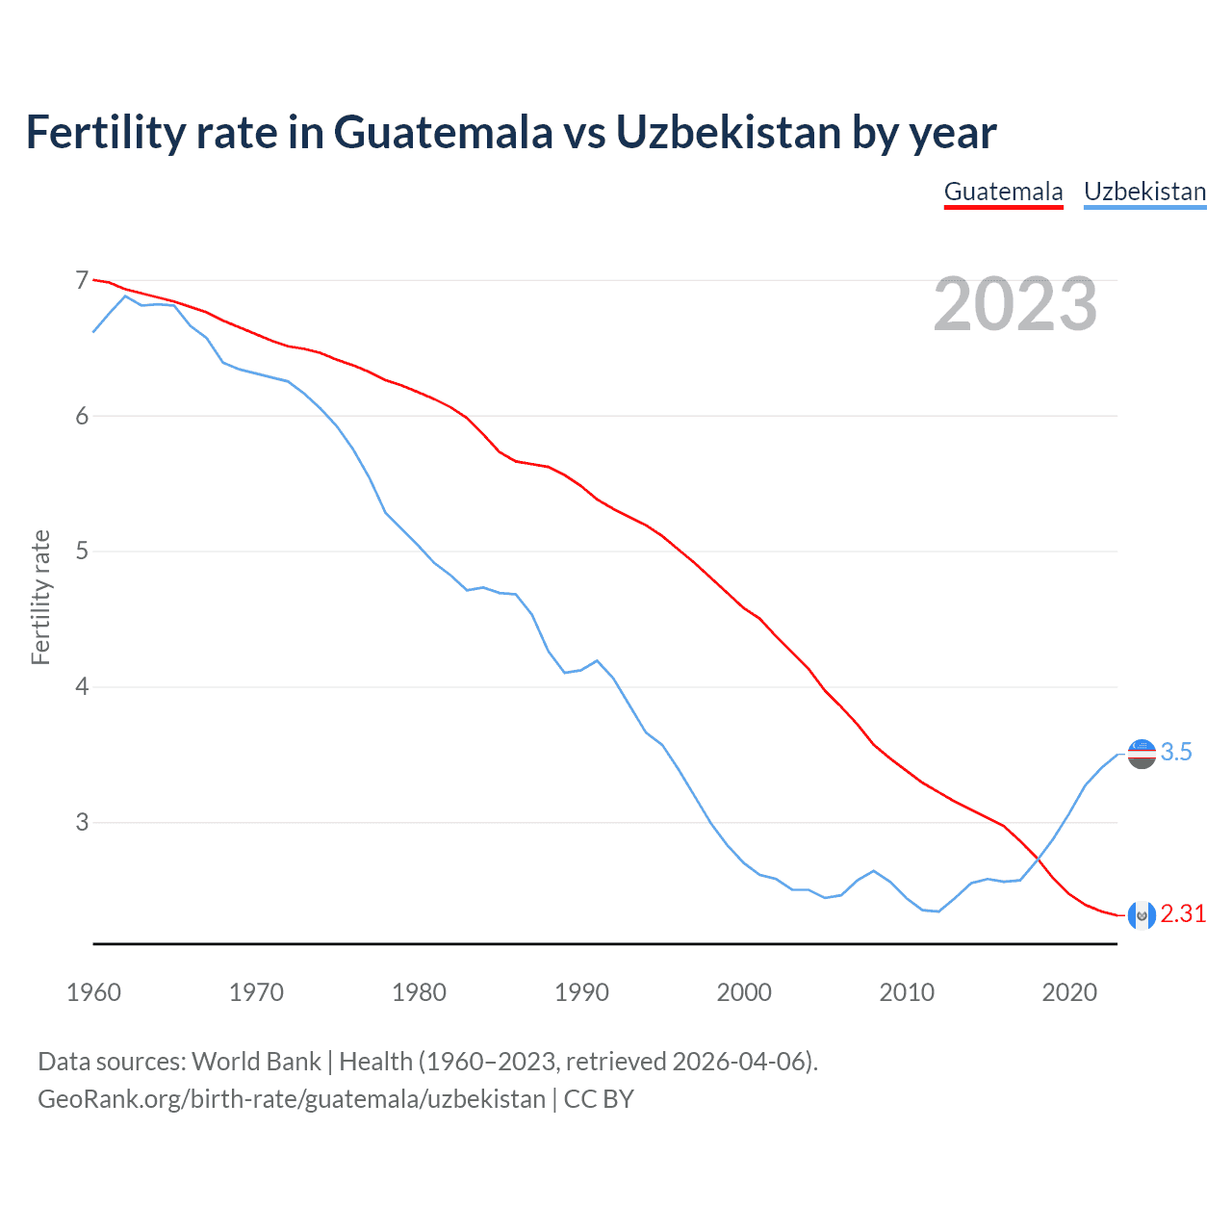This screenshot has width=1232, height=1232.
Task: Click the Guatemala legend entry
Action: [x=1003, y=192]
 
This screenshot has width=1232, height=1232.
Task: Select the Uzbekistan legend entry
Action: [x=1144, y=192]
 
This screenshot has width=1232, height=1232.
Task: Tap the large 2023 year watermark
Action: [x=1014, y=304]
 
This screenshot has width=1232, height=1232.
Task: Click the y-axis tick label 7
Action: [x=82, y=280]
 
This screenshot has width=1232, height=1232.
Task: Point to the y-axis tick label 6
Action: [x=82, y=416]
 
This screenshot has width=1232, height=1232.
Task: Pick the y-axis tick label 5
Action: [x=82, y=552]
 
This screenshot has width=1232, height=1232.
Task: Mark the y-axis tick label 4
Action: [x=82, y=687]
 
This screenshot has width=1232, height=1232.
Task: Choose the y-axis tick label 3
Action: [x=82, y=823]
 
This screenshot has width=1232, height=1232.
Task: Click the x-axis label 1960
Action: [x=93, y=992]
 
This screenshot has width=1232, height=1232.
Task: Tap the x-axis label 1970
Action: [x=256, y=992]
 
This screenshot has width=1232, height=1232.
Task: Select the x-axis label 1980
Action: [x=419, y=992]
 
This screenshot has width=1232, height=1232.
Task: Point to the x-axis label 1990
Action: [x=581, y=992]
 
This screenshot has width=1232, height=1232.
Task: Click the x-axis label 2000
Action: [x=744, y=992]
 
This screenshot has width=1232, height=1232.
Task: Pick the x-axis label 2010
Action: [x=907, y=992]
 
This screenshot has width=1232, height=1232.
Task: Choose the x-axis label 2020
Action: [x=1069, y=992]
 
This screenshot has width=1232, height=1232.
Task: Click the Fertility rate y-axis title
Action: [x=40, y=597]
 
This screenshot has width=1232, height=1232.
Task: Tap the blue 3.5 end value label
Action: [x=1176, y=753]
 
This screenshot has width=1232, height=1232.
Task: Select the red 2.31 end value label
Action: [x=1183, y=914]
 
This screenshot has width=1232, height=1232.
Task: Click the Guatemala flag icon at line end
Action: [x=1141, y=915]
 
